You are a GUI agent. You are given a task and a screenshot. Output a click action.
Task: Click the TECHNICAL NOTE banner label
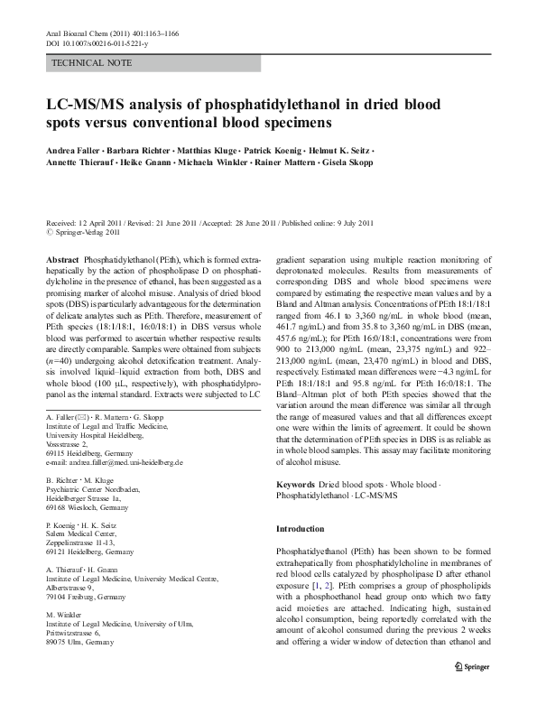point(93,63)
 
